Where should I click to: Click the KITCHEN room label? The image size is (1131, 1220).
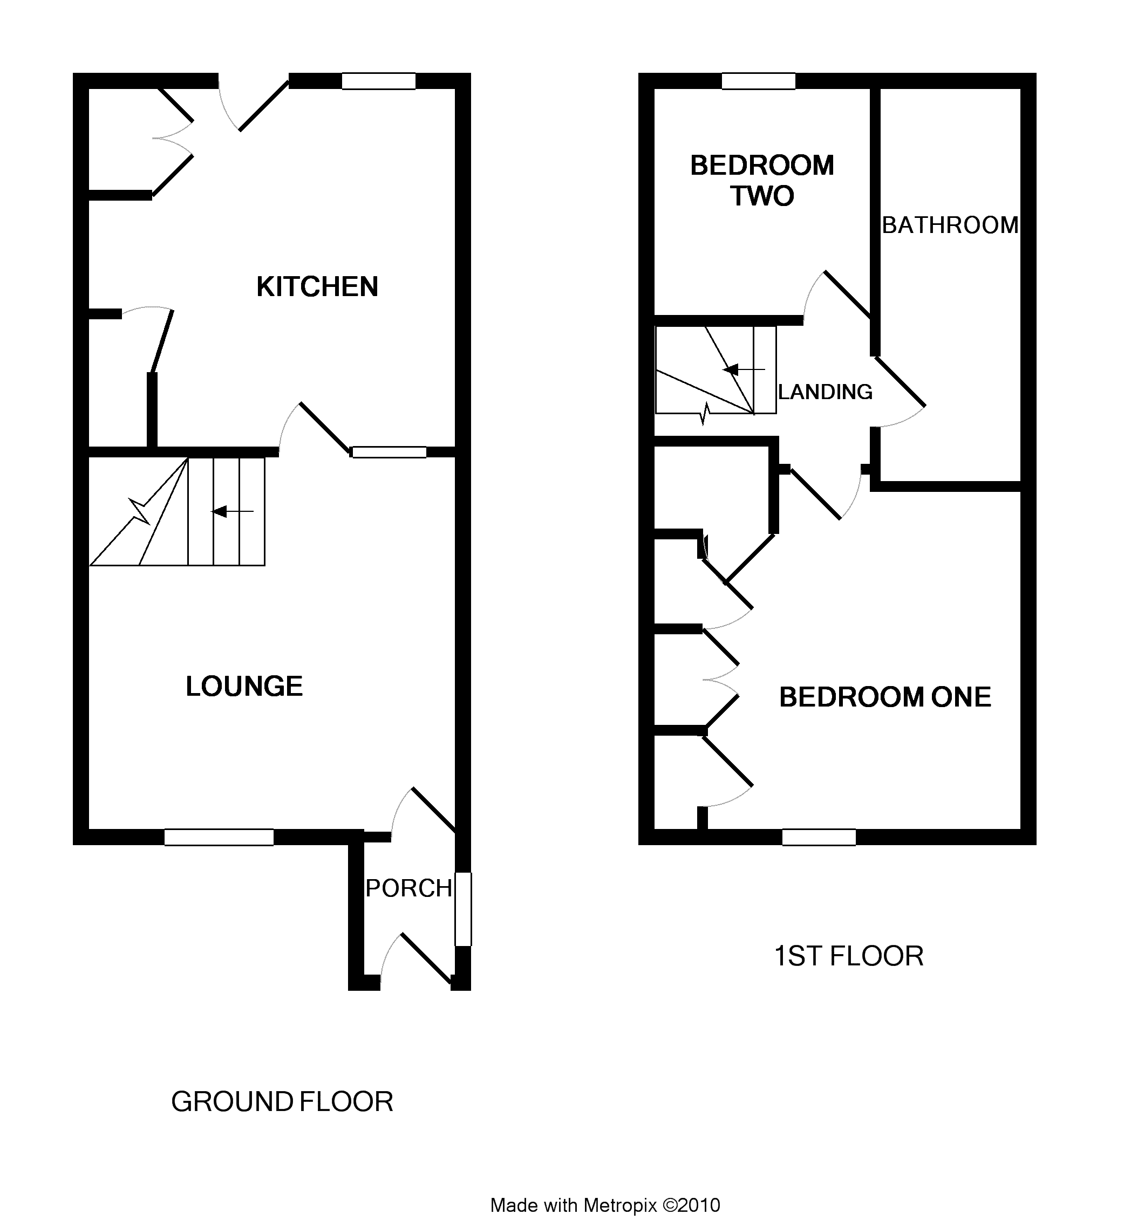click(317, 286)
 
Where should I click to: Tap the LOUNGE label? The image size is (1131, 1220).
click(244, 687)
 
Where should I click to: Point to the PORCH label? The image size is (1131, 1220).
click(409, 888)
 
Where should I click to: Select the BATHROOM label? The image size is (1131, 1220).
click(950, 225)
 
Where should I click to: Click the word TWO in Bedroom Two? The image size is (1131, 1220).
click(762, 196)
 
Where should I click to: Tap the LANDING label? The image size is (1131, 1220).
click(825, 392)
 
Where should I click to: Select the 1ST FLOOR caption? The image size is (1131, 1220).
click(849, 956)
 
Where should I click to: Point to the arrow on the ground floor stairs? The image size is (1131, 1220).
click(232, 511)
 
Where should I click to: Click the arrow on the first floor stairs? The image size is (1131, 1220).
click(744, 369)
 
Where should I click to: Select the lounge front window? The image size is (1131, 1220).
click(219, 837)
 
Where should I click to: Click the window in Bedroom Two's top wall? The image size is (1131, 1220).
click(759, 81)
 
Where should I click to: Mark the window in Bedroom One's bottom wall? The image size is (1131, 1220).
click(819, 837)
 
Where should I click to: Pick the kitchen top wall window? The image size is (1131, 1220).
click(379, 81)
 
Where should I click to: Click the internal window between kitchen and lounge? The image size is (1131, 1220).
click(389, 452)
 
